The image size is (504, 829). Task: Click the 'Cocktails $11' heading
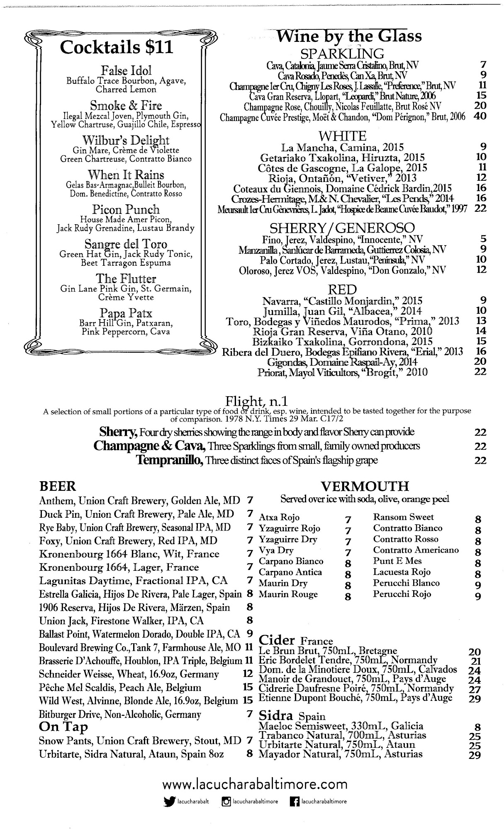(x=116, y=48)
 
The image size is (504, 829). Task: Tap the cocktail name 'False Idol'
(x=126, y=70)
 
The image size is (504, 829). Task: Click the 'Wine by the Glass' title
(x=349, y=36)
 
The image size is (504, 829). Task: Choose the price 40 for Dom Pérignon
(x=480, y=116)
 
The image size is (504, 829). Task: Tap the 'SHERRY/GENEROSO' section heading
(x=342, y=228)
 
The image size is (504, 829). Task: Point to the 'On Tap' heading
(x=63, y=727)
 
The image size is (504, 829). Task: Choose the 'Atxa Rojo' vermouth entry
(x=279, y=517)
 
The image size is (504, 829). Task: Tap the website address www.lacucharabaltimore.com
(x=255, y=784)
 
